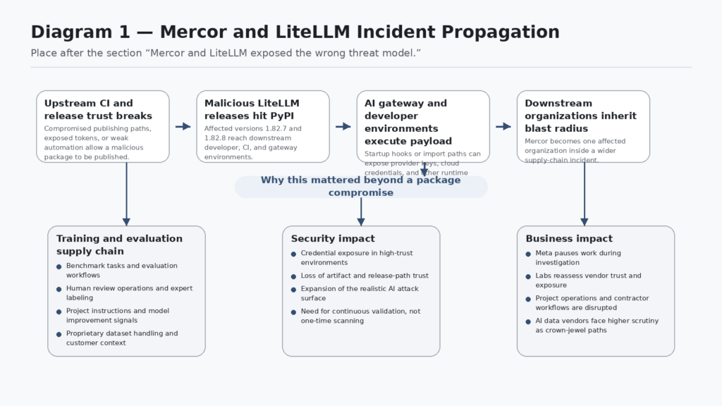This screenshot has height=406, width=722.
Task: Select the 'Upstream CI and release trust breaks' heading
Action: (x=98, y=109)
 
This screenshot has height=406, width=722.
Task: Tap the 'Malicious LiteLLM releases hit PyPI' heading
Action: (x=252, y=109)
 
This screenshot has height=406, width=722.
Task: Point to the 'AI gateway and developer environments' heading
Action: (x=405, y=116)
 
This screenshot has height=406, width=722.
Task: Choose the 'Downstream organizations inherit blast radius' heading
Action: (x=580, y=116)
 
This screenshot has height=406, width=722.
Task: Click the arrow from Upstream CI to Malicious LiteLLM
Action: (x=183, y=127)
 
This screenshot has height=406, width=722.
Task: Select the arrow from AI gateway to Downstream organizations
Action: (x=503, y=127)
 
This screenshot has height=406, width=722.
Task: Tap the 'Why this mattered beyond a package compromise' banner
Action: (x=360, y=186)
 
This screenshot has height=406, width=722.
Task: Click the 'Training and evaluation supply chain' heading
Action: (x=119, y=245)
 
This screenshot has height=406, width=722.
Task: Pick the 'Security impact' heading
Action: (x=333, y=239)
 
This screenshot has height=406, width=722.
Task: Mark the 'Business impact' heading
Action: (x=569, y=239)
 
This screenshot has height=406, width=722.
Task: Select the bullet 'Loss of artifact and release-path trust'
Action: (x=365, y=276)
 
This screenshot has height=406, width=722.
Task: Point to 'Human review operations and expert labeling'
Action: (x=129, y=293)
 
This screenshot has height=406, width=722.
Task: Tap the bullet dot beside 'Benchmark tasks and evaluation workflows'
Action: (x=59, y=266)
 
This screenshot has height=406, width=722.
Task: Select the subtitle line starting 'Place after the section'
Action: (x=226, y=54)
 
